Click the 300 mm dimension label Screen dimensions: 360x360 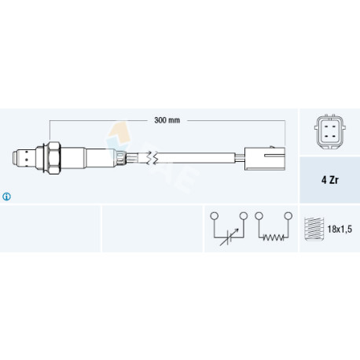pos(167,120)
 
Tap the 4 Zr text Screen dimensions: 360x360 pos(330,180)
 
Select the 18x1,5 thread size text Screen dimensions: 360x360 pos(340,230)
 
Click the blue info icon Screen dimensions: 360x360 pos(6,197)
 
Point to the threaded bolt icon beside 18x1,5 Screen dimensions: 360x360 pos(314,229)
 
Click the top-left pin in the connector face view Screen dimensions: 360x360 pos(325,127)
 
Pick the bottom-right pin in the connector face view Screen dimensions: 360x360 pos(335,137)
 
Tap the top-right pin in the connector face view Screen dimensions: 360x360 pos(335,127)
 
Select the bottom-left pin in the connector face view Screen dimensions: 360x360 pos(325,137)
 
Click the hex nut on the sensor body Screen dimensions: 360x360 pos(54,158)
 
